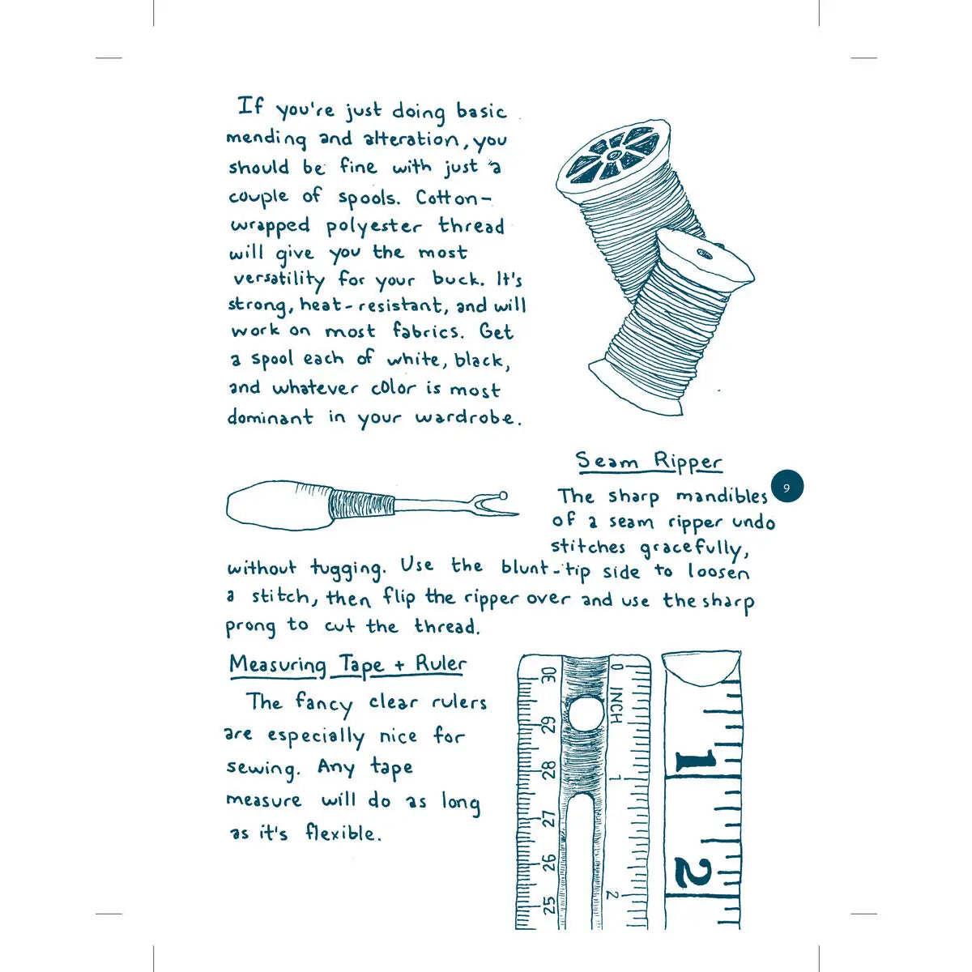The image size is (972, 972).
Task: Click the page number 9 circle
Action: pyautogui.click(x=787, y=487)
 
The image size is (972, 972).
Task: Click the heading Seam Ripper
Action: pyautogui.click(x=649, y=462)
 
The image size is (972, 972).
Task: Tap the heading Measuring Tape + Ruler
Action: pyautogui.click(x=348, y=665)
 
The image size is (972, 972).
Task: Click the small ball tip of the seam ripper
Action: pyautogui.click(x=502, y=495)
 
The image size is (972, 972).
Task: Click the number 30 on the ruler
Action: pyautogui.click(x=549, y=675)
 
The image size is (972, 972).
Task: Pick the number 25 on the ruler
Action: pyautogui.click(x=549, y=906)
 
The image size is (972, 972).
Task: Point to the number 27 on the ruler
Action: pyautogui.click(x=549, y=819)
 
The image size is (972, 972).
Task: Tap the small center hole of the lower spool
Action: pyautogui.click(x=704, y=254)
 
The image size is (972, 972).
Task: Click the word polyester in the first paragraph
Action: pyautogui.click(x=373, y=227)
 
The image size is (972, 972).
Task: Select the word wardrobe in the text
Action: pyautogui.click(x=465, y=418)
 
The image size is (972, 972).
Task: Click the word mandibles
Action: pyautogui.click(x=722, y=496)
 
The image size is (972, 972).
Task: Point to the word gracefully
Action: pyautogui.click(x=694, y=550)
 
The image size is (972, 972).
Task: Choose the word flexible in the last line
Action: pyautogui.click(x=340, y=833)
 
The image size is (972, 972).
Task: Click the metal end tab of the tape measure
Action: pyautogui.click(x=701, y=667)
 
